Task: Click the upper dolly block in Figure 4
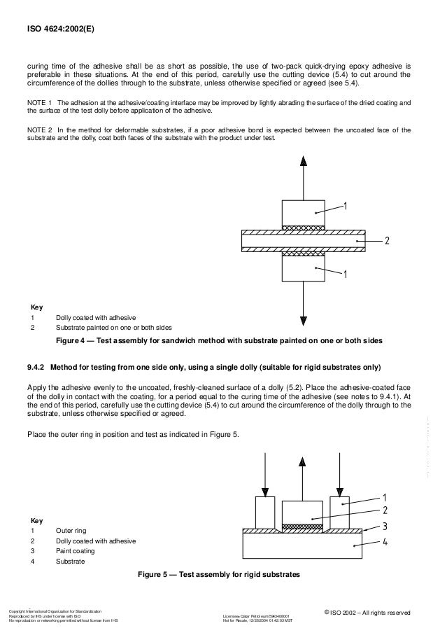tap(302, 212)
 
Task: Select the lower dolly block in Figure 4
tap(302, 270)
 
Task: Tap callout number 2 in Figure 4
tap(386, 240)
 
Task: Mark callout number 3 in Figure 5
tap(386, 524)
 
